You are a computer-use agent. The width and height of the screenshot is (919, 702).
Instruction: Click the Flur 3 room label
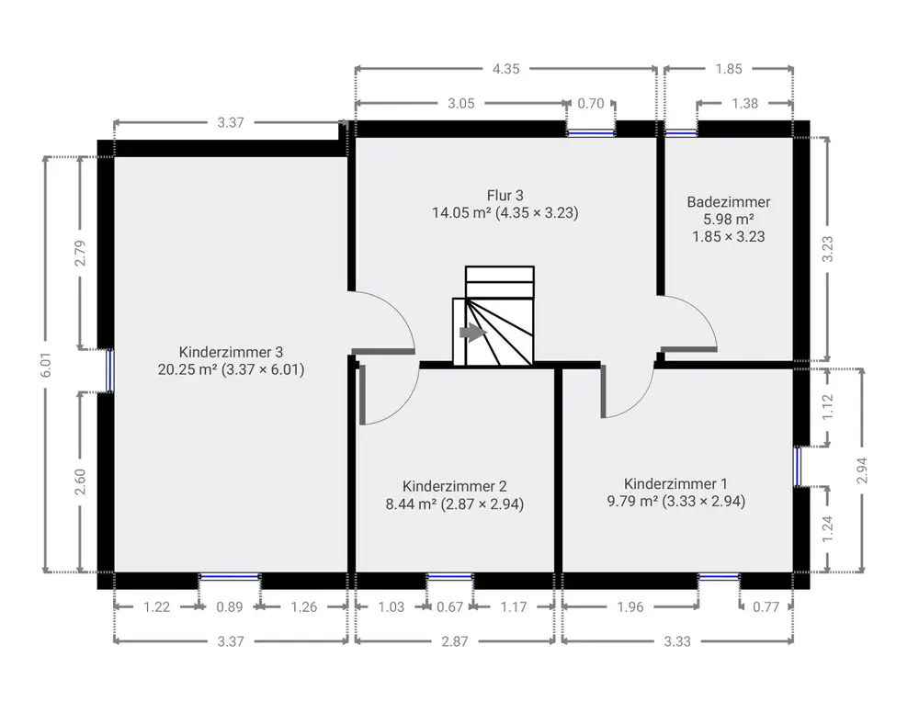tap(505, 195)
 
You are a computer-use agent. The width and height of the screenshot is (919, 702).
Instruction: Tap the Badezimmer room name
tap(729, 202)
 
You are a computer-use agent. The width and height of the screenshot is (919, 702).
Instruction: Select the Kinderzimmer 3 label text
tap(231, 352)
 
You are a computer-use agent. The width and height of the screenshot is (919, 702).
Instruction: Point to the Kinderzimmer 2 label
tap(455, 486)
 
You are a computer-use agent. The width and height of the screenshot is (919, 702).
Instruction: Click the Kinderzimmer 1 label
tap(675, 484)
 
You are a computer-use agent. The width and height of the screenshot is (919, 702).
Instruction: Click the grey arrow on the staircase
tap(473, 333)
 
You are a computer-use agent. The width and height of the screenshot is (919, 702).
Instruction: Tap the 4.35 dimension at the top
tap(505, 69)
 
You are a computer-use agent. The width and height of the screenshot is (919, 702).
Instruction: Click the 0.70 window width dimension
tap(591, 104)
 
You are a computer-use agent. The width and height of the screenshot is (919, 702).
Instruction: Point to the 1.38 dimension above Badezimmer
tap(745, 104)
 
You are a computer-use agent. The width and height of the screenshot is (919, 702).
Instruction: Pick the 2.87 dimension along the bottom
tap(455, 641)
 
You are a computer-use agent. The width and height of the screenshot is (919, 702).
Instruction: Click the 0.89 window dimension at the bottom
tap(230, 607)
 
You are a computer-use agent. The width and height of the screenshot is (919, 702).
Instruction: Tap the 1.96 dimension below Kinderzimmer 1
tap(630, 607)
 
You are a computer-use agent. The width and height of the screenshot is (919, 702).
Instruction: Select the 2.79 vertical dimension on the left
tap(80, 253)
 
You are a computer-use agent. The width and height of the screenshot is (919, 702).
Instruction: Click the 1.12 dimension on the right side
tap(828, 407)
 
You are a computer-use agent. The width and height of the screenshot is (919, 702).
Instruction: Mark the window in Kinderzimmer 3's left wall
tap(109, 369)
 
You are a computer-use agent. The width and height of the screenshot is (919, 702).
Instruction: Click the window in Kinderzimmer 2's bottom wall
tap(449, 577)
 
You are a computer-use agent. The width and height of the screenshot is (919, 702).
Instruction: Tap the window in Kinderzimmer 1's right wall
tap(798, 467)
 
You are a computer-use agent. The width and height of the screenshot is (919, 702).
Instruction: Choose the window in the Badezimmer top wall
tap(681, 133)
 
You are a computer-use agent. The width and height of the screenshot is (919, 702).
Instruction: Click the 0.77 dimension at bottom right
tap(766, 607)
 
